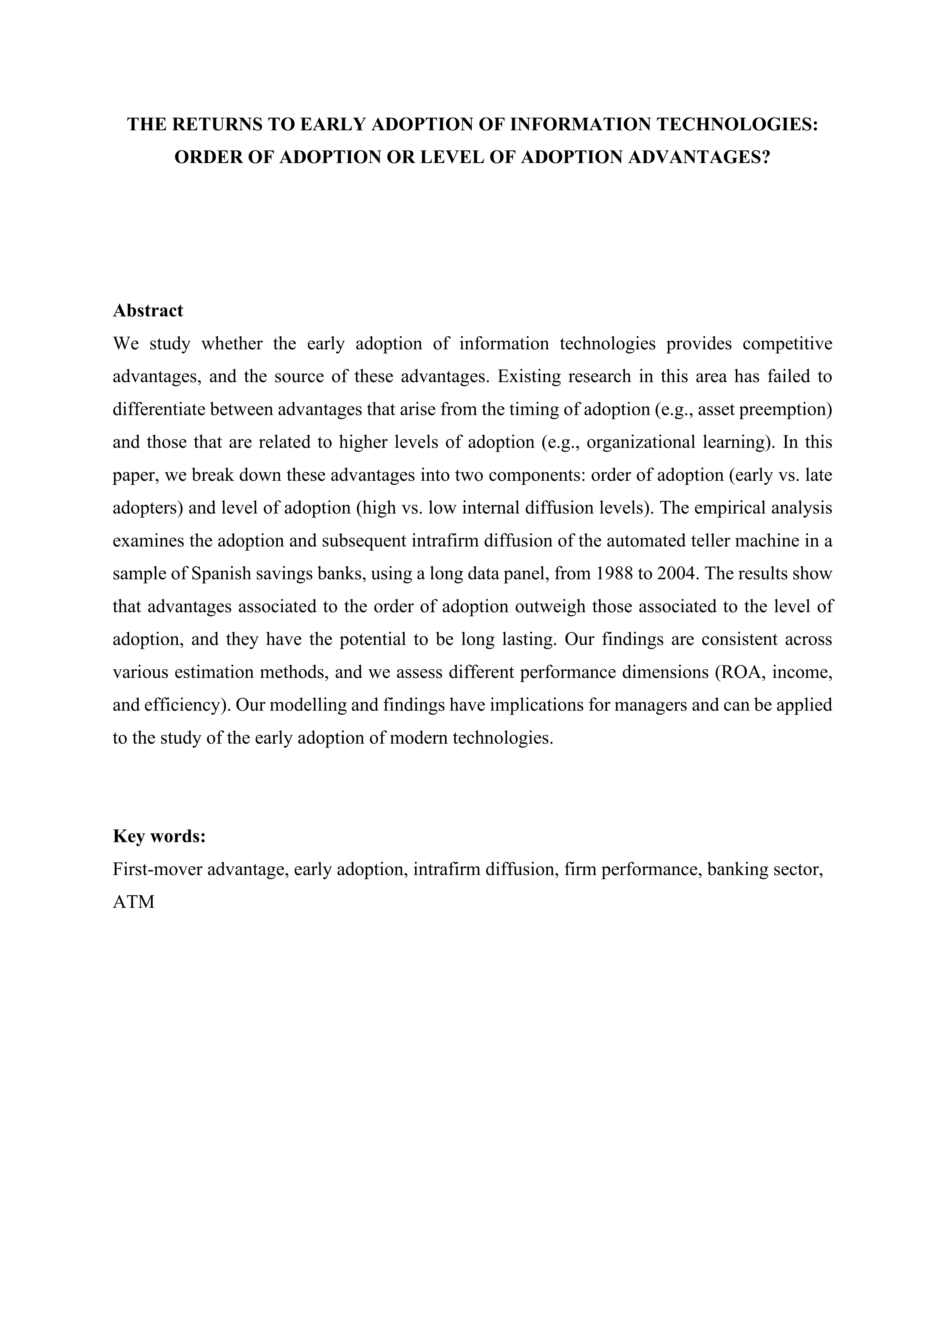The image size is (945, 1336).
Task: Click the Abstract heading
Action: click(148, 311)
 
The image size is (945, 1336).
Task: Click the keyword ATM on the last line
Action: click(134, 902)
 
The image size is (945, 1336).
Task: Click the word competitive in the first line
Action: click(787, 344)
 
